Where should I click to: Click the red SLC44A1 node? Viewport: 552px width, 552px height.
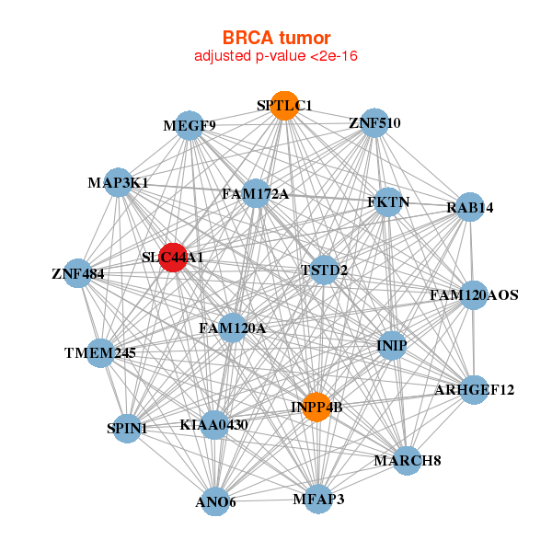click(173, 258)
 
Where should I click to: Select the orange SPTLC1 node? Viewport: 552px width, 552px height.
click(284, 106)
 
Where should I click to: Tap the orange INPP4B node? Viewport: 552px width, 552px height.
click(316, 407)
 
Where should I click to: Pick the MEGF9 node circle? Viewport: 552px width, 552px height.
click(190, 125)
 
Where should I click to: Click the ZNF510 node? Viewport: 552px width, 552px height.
click(375, 123)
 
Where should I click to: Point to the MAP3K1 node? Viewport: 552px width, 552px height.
click(119, 182)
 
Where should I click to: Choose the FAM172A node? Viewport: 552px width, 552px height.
click(256, 193)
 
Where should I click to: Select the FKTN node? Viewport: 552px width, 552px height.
click(388, 202)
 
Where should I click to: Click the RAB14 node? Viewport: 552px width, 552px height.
click(470, 207)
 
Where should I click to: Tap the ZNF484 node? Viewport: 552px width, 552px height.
click(78, 273)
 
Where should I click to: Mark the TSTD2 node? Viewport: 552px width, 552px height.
click(324, 270)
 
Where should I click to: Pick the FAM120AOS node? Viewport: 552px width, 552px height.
click(474, 295)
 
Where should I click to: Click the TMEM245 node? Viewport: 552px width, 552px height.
click(100, 352)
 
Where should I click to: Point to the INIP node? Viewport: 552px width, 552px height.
click(392, 345)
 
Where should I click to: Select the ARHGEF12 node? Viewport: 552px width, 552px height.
click(474, 390)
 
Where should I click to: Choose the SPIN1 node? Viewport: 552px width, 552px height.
click(127, 428)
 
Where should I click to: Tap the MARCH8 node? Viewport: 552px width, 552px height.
click(408, 461)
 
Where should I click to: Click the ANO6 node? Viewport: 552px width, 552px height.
click(215, 501)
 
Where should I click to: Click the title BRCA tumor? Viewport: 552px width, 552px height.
click(276, 38)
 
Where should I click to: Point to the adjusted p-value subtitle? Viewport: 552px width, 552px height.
click(276, 56)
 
